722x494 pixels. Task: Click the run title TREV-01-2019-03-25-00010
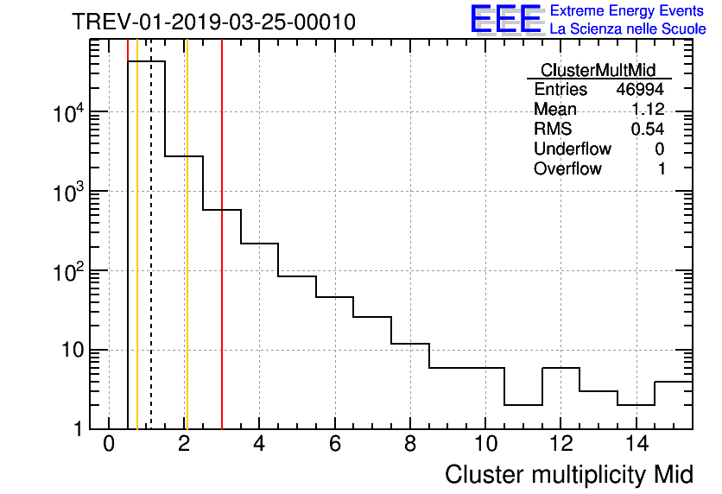click(x=213, y=22)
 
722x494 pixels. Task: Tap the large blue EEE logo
click(x=505, y=19)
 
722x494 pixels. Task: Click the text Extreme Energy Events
click(x=628, y=11)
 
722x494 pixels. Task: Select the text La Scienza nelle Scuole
click(x=628, y=29)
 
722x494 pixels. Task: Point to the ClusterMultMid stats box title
click(x=598, y=70)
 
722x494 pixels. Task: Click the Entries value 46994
click(x=640, y=90)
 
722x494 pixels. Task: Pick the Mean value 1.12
click(x=647, y=110)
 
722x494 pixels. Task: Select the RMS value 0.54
click(x=647, y=130)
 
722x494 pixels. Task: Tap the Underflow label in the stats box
click(x=573, y=149)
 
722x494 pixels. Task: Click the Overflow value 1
click(x=662, y=169)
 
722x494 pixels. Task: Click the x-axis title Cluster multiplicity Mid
click(x=569, y=474)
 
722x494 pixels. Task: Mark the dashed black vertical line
click(x=151, y=259)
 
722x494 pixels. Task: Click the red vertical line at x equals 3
click(x=222, y=259)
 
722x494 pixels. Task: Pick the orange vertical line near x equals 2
click(x=187, y=259)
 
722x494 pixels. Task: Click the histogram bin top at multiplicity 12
click(x=560, y=368)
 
